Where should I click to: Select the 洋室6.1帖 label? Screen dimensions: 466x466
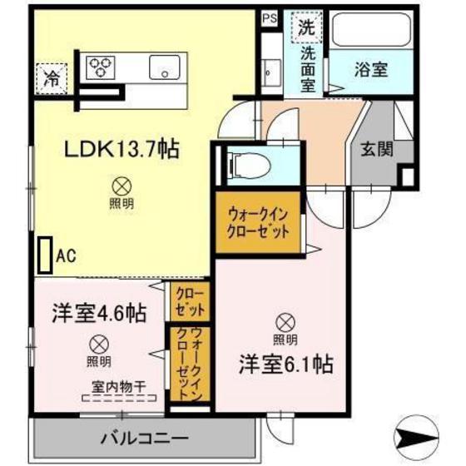(x=288, y=364)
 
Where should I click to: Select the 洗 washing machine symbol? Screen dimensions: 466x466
(x=305, y=28)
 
